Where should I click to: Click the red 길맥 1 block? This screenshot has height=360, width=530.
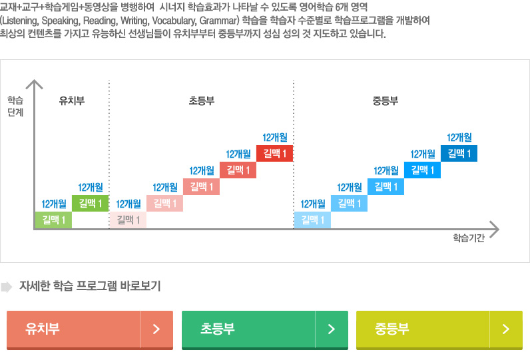[274, 154]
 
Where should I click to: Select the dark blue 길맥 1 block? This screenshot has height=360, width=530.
[459, 154]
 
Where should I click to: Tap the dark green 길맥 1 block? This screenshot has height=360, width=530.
[91, 203]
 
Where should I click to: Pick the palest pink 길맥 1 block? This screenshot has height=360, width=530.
[128, 220]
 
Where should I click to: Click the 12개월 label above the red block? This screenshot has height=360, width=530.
[275, 138]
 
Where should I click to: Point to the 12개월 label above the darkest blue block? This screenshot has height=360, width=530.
[459, 138]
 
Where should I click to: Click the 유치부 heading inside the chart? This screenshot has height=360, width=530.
[71, 101]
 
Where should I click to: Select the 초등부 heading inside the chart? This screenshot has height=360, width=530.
[201, 101]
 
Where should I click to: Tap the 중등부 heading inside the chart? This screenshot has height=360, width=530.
[385, 101]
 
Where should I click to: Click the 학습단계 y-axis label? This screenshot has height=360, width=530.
[15, 106]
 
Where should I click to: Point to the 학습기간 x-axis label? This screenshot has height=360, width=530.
[468, 238]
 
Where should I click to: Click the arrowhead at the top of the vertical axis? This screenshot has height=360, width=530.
[34, 83]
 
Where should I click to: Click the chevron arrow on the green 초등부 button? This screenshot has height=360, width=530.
[331, 329]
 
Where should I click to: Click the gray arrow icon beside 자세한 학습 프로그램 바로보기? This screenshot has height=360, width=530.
[7, 287]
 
